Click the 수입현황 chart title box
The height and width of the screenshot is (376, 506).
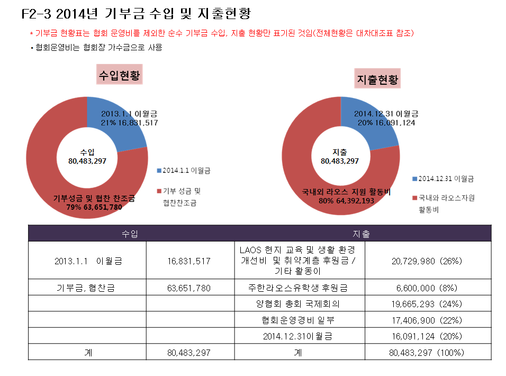120,74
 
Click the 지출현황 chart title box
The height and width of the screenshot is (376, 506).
377,78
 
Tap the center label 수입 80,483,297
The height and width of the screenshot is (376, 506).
87,157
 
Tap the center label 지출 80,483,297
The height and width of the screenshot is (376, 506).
339,157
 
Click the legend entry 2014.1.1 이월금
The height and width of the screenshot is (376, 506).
184,171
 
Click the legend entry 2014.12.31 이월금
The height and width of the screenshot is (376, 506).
443,179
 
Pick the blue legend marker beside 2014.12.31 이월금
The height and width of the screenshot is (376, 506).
414,179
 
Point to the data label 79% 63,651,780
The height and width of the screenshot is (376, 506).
94,207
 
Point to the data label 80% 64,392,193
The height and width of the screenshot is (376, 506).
347,201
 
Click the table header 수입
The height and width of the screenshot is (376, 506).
130,234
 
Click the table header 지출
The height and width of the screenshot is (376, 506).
361,234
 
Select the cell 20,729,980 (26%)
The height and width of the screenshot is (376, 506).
427,261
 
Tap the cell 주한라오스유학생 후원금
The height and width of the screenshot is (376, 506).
298,288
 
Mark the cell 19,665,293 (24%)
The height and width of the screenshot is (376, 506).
427,304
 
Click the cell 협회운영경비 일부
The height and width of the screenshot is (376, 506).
298,320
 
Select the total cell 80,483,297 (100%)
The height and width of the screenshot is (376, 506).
427,353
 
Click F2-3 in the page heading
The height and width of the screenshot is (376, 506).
36,14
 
